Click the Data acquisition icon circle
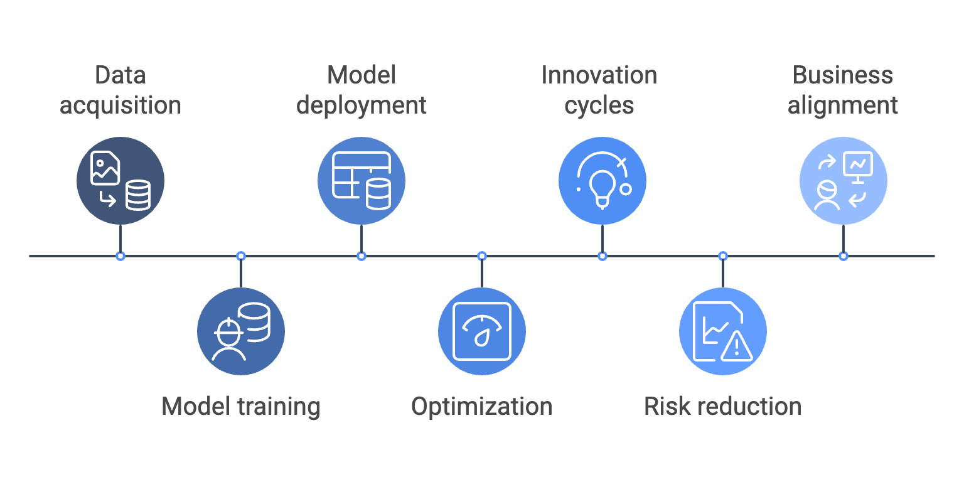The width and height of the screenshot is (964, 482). tap(120, 181)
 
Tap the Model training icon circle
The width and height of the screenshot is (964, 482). tap(241, 331)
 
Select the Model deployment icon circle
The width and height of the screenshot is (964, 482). tap(361, 181)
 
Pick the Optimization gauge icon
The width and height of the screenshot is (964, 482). tap(482, 331)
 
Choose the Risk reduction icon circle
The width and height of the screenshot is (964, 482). tap(723, 331)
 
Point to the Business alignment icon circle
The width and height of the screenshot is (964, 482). tap(843, 181)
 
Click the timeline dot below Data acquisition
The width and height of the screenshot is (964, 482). tap(120, 256)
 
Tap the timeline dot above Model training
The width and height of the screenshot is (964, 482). tap(241, 256)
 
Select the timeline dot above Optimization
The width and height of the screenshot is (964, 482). tap(482, 256)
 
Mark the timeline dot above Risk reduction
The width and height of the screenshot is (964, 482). tap(723, 256)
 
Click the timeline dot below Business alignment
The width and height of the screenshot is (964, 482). tap(843, 256)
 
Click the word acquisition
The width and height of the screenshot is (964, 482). tap(120, 105)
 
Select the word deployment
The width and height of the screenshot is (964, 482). tap(361, 105)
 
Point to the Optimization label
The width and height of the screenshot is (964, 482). tap(482, 407)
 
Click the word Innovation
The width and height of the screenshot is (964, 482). tap(599, 75)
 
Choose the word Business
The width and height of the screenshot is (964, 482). tap(843, 75)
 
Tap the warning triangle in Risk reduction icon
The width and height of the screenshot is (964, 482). tap(736, 346)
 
